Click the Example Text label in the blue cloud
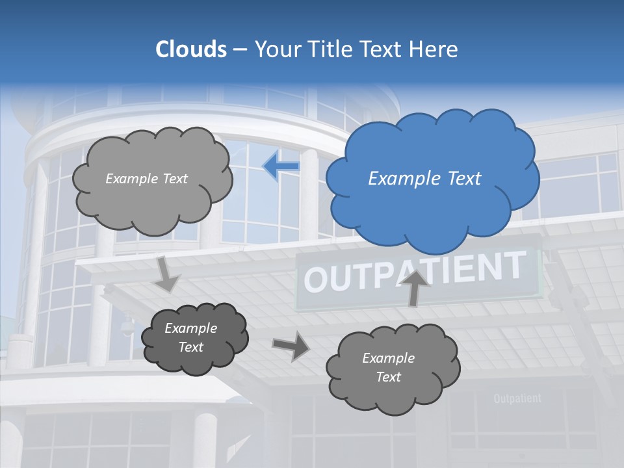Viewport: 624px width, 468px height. coord(424,179)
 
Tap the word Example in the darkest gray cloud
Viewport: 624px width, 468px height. coord(190,328)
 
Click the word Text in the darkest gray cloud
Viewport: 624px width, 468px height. coord(190,347)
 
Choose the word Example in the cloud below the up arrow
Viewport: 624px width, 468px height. coord(388,358)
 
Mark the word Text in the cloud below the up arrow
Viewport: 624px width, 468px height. coord(388,377)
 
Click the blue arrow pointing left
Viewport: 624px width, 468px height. coord(281,166)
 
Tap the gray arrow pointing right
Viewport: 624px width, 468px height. coord(291,345)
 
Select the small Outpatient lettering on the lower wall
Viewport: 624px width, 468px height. coord(517,398)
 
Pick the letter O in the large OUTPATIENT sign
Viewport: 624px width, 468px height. coord(315,279)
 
